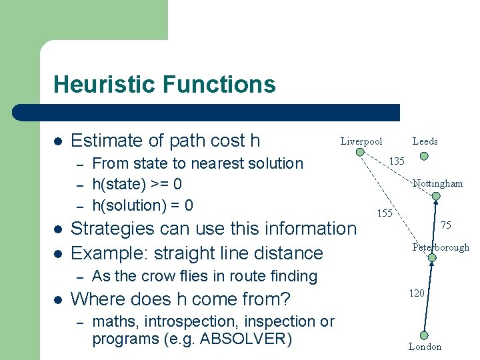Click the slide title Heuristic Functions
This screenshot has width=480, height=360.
click(x=164, y=85)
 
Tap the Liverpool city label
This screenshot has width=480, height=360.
click(x=361, y=141)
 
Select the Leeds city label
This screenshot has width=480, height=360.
click(x=425, y=141)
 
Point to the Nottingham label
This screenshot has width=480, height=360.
click(x=437, y=183)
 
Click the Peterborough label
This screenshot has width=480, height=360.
click(x=440, y=247)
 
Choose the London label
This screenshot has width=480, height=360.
click(x=425, y=347)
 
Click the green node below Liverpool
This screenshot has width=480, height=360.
click(x=360, y=152)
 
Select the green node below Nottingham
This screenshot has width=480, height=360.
click(x=436, y=196)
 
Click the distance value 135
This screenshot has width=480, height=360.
click(x=397, y=161)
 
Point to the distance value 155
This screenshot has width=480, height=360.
click(x=385, y=213)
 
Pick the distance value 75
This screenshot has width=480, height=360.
click(x=446, y=225)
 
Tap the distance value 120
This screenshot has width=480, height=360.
click(x=417, y=293)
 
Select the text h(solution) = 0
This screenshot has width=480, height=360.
click(x=143, y=205)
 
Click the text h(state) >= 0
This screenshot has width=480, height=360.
click(x=137, y=184)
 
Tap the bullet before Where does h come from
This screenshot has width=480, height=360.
click(x=58, y=298)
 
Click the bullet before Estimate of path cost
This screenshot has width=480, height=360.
click(x=58, y=141)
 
